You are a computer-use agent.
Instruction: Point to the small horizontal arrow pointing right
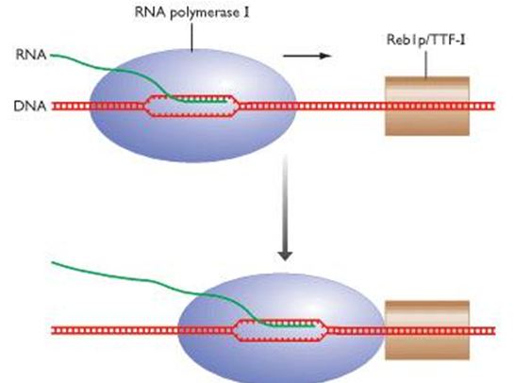point(307,57)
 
